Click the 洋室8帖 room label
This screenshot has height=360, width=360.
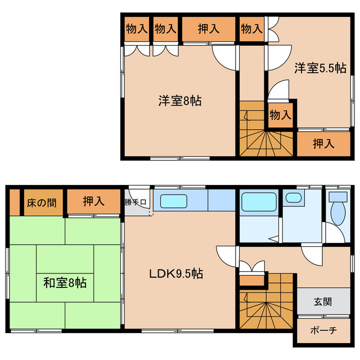tap(179, 101)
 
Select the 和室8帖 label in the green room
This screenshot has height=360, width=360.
tap(65, 282)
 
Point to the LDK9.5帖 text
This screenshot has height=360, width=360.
tap(176, 274)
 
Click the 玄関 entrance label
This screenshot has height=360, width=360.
tap(322, 301)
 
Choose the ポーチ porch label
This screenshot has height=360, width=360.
tap(322, 331)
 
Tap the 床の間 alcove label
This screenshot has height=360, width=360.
tap(42, 202)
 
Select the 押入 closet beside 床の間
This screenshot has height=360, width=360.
tap(93, 201)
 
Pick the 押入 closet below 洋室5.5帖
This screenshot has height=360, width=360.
tap(323, 143)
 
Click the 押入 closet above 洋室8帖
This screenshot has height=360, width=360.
tap(208, 29)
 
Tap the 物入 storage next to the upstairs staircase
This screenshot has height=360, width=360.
tap(280, 116)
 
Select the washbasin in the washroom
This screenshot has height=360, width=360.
tap(293, 197)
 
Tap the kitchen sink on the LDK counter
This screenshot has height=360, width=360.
tap(177, 201)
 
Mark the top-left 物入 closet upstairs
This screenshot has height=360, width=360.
tap(136, 29)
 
